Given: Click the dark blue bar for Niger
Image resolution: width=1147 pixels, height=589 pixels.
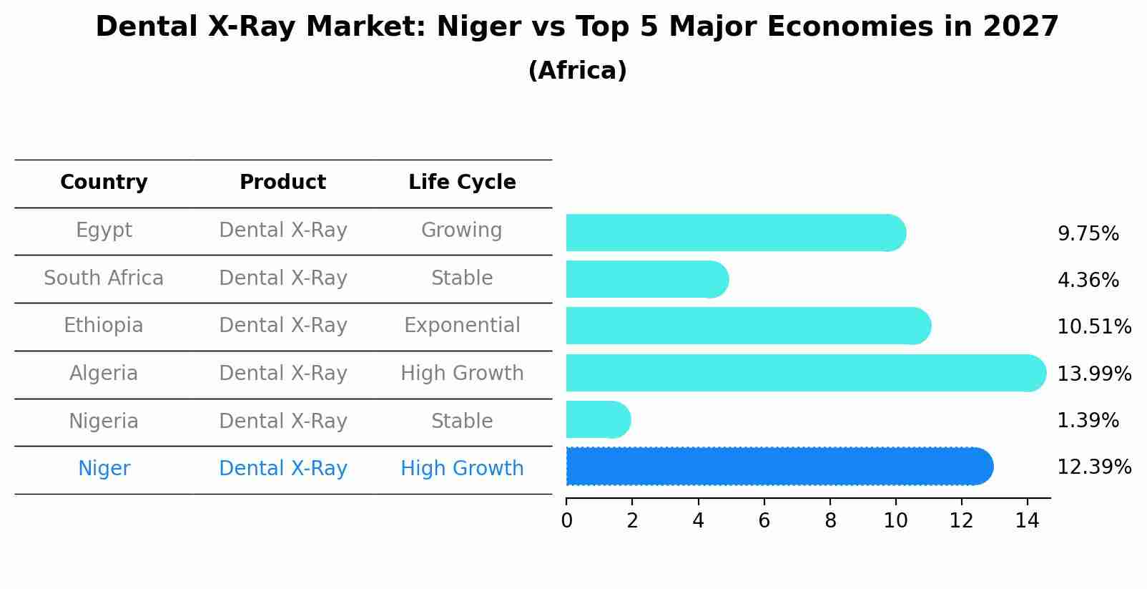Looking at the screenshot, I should click(x=779, y=467).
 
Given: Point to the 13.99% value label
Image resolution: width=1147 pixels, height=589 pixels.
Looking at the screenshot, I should click(x=1093, y=374).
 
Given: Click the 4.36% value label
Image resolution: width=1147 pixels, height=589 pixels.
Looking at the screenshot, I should click(x=1088, y=281).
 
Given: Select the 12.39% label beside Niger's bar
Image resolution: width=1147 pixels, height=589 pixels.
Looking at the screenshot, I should click(x=1093, y=468).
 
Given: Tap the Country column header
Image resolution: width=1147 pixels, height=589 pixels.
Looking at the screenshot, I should click(x=104, y=182).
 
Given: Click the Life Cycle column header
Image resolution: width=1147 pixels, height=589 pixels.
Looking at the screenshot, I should click(x=462, y=182).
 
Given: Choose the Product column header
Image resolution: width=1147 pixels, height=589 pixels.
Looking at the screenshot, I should click(x=282, y=182).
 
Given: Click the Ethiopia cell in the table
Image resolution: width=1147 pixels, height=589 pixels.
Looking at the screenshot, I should click(x=104, y=326).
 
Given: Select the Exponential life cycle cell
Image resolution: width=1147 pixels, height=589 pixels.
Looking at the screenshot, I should click(x=462, y=326).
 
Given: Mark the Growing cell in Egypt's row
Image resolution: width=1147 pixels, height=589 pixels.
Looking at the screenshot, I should click(x=462, y=230).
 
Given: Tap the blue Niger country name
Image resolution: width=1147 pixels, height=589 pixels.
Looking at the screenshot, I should click(x=104, y=469).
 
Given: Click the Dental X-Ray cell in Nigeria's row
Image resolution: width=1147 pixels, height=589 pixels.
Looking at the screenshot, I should click(x=282, y=422).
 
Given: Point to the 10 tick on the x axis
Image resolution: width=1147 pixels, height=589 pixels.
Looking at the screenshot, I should click(x=895, y=521).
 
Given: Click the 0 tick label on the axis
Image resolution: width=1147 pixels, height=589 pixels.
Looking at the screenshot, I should click(x=566, y=521).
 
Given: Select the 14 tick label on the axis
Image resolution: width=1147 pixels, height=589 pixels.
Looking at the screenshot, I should click(x=1027, y=521).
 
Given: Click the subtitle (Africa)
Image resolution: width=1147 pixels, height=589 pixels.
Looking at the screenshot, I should click(x=577, y=71).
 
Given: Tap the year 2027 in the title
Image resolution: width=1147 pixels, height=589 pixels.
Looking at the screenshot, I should click(x=1020, y=27).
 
